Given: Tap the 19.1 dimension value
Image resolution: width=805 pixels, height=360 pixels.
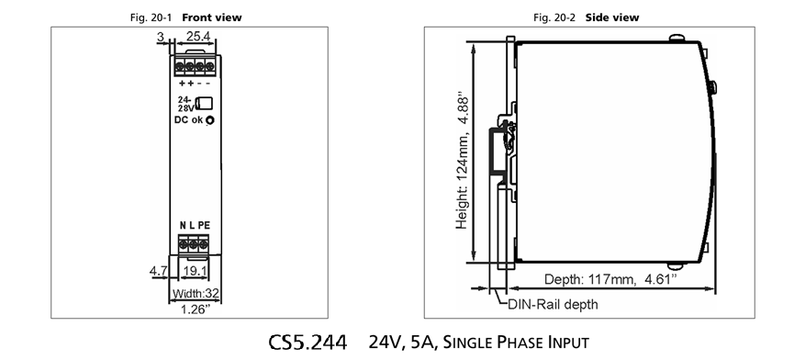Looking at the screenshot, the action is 195,271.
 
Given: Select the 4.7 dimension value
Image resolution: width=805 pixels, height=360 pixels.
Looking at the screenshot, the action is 158,271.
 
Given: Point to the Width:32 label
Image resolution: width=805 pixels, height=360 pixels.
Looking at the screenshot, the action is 196,294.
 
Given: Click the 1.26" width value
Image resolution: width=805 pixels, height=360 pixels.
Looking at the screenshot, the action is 196,309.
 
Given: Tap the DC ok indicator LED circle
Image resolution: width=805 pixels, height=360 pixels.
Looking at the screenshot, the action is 209,120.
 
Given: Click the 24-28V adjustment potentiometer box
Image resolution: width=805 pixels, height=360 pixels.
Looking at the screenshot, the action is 205,103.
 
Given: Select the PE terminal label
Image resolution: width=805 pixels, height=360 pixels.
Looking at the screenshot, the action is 204,225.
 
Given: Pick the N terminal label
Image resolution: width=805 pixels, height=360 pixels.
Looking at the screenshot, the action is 183,225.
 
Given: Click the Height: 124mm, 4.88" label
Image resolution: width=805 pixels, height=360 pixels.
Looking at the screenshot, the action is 462,161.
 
